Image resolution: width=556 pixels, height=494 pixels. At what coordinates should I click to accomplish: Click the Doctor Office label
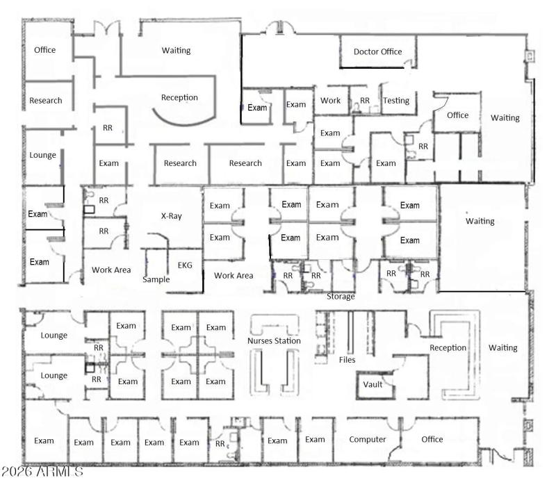click(377, 51)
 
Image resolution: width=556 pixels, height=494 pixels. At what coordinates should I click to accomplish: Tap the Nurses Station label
click(275, 341)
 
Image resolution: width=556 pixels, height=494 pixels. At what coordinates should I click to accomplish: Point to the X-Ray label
click(171, 216)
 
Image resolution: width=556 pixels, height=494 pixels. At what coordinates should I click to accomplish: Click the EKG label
click(185, 265)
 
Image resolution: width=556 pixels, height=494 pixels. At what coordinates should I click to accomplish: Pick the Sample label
click(156, 279)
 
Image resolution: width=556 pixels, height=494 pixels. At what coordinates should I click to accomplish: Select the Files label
click(347, 361)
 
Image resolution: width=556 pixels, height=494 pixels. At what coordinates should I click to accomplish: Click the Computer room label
click(368, 439)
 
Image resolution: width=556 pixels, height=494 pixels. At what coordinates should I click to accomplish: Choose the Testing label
click(396, 101)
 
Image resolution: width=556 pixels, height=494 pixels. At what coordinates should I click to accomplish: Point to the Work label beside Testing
click(330, 101)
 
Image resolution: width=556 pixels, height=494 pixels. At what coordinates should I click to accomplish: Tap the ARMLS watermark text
click(42, 472)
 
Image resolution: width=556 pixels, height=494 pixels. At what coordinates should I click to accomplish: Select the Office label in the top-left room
click(44, 50)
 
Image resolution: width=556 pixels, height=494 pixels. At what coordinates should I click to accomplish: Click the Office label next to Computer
click(432, 439)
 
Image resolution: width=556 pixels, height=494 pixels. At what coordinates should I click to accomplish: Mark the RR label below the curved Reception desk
click(108, 129)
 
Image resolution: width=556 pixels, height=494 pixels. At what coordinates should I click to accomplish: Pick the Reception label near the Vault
click(448, 347)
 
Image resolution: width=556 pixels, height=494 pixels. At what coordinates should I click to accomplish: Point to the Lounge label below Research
click(43, 155)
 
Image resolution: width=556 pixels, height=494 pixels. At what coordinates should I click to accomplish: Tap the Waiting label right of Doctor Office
click(505, 118)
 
